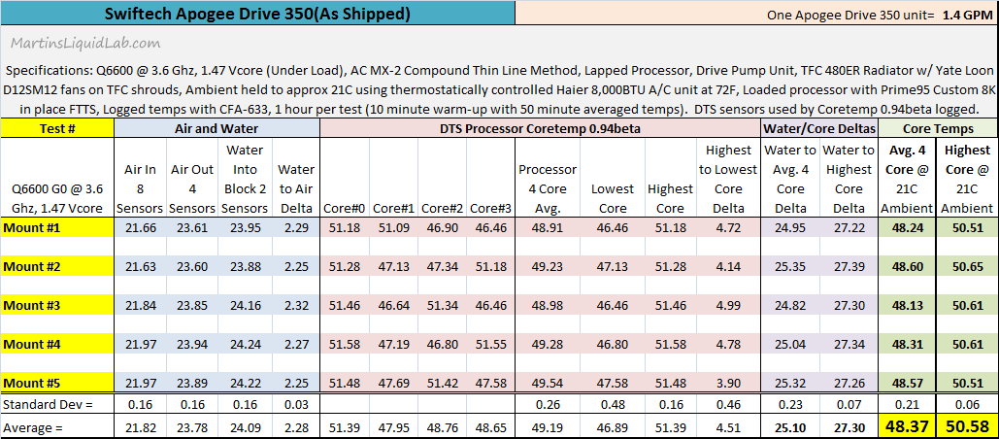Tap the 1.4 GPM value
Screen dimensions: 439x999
(965, 16)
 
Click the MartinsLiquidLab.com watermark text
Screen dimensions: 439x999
(86, 44)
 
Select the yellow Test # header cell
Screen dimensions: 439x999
(57, 127)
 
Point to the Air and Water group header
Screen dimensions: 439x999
(216, 127)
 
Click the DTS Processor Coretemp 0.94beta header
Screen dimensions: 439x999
(540, 127)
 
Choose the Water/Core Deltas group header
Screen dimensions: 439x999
(819, 127)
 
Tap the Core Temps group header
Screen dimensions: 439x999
(939, 127)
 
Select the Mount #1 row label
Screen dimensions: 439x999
(34, 227)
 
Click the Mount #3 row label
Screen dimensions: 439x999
(34, 305)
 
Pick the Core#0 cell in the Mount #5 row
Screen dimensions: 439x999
(345, 383)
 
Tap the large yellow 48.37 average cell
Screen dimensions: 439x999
(908, 425)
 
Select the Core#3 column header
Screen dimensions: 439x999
(490, 208)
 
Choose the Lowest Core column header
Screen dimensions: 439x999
(613, 198)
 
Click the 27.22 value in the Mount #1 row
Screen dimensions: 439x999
(849, 227)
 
